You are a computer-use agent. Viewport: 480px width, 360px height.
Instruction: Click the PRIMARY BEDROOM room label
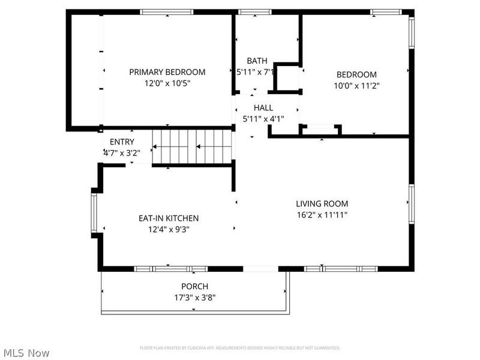[x=167, y=72]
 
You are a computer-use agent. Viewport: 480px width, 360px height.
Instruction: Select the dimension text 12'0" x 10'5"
[x=167, y=83]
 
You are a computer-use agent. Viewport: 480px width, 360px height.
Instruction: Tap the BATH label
[x=257, y=61]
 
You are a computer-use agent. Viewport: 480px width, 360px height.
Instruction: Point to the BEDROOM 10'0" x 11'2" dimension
[x=356, y=86]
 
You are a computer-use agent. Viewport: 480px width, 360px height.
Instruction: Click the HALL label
[x=263, y=107]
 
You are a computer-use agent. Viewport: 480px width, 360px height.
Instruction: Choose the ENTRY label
[x=122, y=142]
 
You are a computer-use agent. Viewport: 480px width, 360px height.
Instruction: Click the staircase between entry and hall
[x=192, y=146]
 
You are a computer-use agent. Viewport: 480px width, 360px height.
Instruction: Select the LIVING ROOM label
[x=322, y=203]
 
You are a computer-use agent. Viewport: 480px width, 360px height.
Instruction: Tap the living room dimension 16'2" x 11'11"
[x=322, y=215]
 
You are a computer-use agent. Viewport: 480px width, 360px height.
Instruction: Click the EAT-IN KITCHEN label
[x=169, y=218]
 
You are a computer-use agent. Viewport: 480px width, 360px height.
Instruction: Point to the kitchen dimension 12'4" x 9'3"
[x=169, y=229]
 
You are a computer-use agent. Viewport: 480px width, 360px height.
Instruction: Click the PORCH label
[x=194, y=286]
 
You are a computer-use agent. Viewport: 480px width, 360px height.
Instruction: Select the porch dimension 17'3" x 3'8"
[x=194, y=298]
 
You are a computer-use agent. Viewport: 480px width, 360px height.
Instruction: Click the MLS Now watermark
[x=26, y=353]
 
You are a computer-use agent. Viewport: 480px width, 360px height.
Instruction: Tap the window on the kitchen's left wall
[x=94, y=213]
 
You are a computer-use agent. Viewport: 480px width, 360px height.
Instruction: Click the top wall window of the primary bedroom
[x=166, y=12]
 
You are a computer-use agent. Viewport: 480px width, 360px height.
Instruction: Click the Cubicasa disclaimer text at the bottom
[x=240, y=348]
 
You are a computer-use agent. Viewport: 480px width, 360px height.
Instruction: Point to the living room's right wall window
[x=412, y=204]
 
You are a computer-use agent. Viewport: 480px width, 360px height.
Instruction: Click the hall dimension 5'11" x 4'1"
[x=263, y=119]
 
